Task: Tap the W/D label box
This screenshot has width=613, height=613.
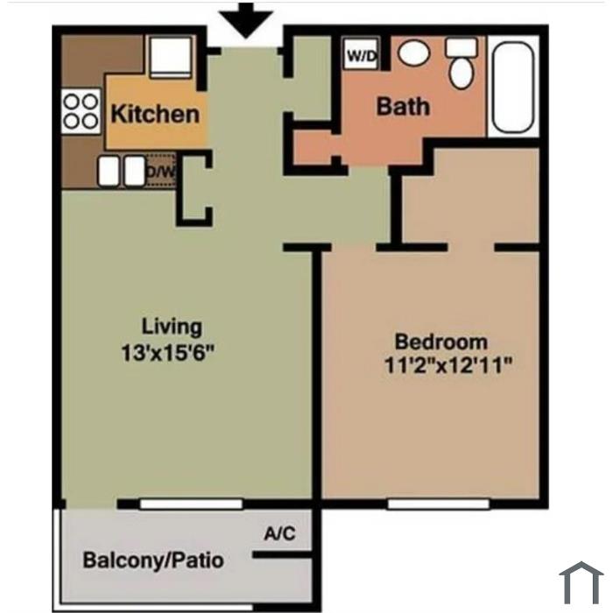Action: coord(361,54)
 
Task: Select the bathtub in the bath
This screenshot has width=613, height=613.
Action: coord(513,88)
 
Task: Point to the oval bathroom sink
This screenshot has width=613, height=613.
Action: coord(414,53)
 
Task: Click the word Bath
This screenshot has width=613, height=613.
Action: coord(403,106)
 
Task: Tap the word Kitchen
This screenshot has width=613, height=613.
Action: coord(155,114)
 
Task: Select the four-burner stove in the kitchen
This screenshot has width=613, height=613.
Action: coord(81,111)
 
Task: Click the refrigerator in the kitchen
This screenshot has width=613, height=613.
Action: coord(171,57)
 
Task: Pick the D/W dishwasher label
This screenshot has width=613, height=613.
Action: coord(160,172)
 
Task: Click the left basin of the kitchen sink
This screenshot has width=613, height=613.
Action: coord(109,171)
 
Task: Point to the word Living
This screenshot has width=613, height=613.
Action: coord(172,327)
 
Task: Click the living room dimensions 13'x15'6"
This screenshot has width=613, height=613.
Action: coord(168,353)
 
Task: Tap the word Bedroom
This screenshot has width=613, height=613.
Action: coord(441,342)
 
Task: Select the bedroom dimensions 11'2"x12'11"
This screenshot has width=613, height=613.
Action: coord(448,365)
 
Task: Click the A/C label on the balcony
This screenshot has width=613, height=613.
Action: coord(280,533)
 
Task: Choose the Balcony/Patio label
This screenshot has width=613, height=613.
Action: coord(153,560)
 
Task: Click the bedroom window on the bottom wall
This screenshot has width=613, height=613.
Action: coord(438,504)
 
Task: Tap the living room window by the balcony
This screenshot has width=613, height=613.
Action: coord(192,504)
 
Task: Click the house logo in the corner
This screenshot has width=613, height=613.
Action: coord(581,583)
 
